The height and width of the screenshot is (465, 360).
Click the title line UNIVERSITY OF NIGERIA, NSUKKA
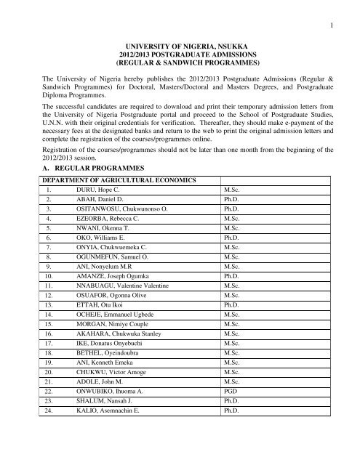pos(180,46)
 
